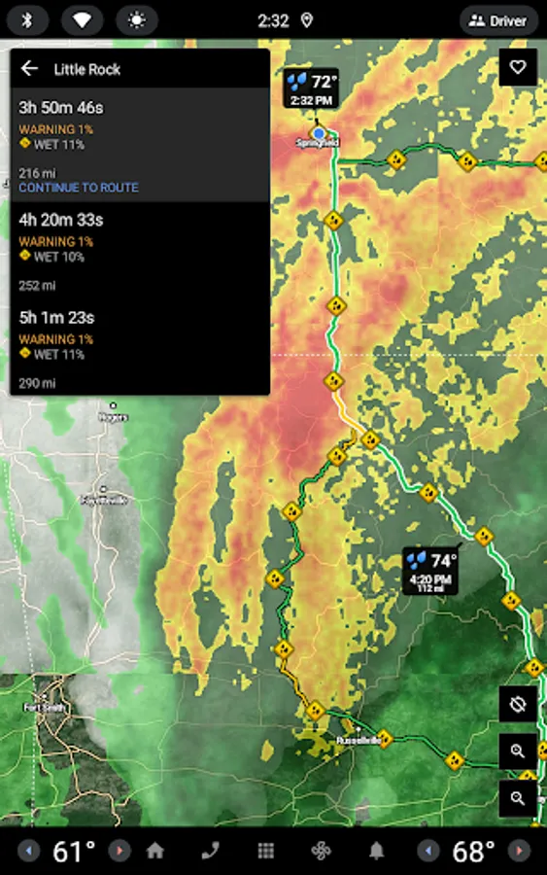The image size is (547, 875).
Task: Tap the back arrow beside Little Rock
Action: pos(29,68)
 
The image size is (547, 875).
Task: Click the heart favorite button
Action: pos(518,67)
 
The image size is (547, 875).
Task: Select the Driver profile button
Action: pos(498,20)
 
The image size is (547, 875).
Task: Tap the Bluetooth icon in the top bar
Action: pos(27,20)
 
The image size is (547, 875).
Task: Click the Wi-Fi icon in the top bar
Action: pos(82,20)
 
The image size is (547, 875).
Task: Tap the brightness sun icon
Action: pos(136,20)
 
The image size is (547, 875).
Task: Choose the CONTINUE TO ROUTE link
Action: pos(79,188)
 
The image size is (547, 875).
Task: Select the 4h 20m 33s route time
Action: pos(60,220)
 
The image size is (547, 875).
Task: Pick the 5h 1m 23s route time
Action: pos(56,317)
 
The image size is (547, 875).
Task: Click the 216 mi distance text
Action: pos(37,173)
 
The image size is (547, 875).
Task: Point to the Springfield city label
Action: pos(318,143)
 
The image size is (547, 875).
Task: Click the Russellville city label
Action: pos(356,740)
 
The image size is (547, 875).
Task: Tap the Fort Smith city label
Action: pos(45,707)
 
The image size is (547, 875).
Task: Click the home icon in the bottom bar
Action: pos(155,851)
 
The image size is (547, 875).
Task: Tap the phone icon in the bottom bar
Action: pos(210,851)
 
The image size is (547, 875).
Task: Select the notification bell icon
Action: pos(376,851)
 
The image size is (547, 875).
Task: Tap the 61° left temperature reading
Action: pos(74,852)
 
